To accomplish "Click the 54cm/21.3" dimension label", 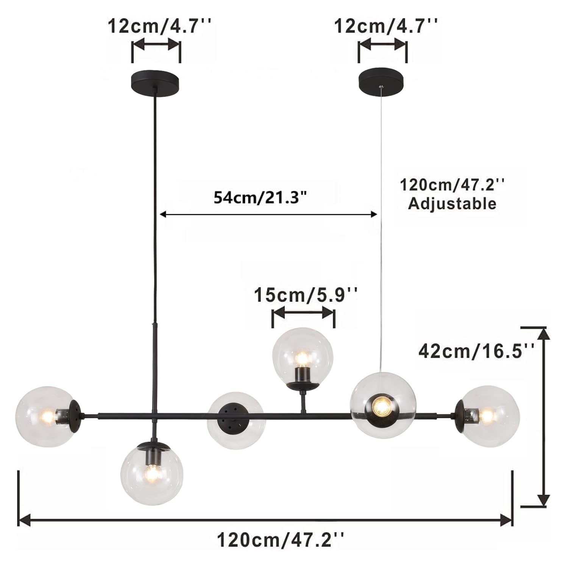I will tap(260, 197).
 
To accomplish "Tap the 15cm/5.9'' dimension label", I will tap(305, 295).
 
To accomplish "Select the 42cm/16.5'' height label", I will tap(476, 351).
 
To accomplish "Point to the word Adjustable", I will tap(452, 204).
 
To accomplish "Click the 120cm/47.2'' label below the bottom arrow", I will tap(281, 539).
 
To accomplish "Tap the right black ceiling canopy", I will tap(382, 79).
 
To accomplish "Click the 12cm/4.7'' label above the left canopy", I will tap(159, 27).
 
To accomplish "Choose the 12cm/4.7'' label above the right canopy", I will tap(385, 27).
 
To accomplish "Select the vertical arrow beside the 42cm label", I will tap(544, 417).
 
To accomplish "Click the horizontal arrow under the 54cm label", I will tap(268, 214).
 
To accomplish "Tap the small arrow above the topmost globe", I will tap(303, 313).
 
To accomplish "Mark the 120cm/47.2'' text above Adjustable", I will tap(452, 185).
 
